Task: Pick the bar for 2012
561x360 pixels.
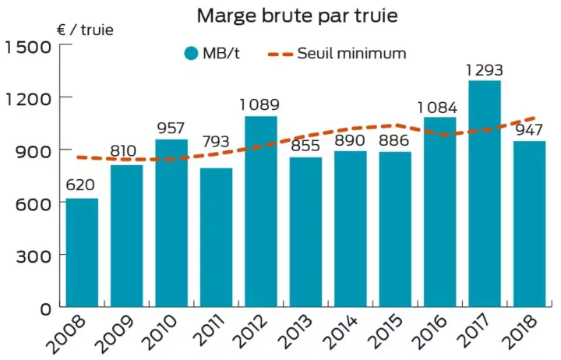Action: point(261,210)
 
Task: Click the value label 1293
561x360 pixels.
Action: point(485,70)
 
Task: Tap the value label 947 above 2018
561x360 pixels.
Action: point(530,130)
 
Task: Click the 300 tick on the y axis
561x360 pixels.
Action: point(35,255)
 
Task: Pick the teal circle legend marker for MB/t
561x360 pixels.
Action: point(191,54)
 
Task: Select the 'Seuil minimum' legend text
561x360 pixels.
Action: point(351,54)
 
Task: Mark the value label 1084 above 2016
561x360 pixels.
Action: point(440,105)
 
